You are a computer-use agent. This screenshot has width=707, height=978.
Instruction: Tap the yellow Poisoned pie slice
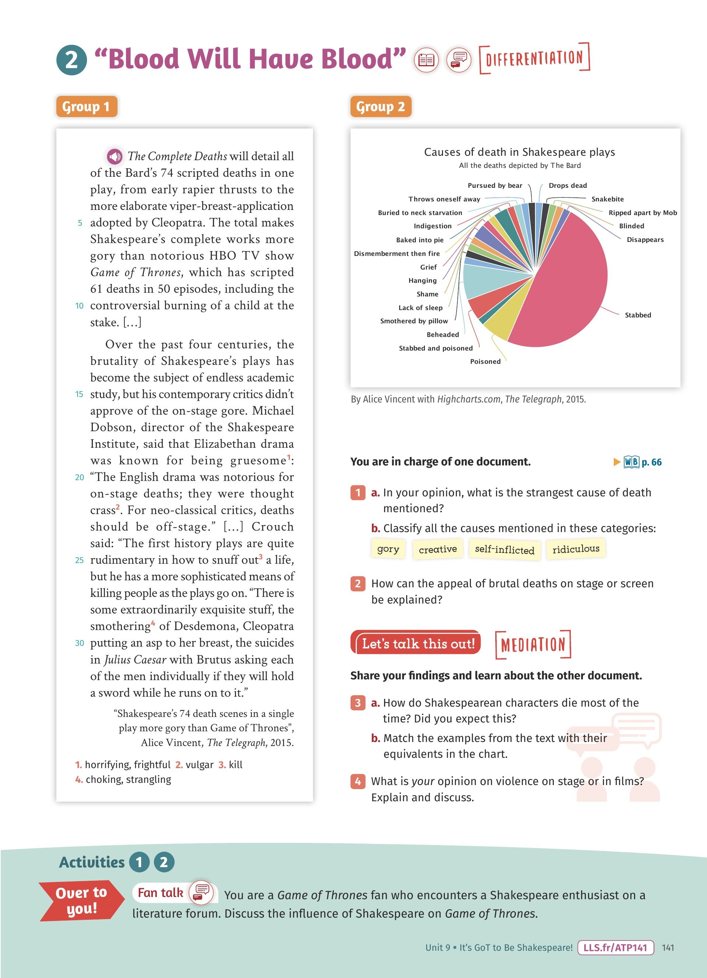pos(502,326)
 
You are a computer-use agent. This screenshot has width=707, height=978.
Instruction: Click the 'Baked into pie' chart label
pos(419,240)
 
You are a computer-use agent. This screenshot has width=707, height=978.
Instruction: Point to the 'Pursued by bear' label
pos(495,186)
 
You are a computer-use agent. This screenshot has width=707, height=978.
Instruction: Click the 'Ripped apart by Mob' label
pos(642,212)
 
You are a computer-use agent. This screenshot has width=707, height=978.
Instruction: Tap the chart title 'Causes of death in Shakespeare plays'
pos(519,152)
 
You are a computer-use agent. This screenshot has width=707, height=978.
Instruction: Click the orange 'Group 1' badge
pos(86,106)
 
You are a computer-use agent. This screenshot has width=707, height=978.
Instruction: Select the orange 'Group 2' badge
pos(381,106)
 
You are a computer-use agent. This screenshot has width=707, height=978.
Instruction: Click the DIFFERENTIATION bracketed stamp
pos(534,58)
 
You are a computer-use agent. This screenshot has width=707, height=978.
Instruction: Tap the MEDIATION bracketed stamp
pos(533,645)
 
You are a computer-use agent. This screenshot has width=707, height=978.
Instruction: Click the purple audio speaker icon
pos(115,156)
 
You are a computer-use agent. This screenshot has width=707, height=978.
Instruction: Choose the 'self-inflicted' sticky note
pos(504,550)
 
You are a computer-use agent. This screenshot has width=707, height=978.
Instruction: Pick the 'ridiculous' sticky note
pos(576,549)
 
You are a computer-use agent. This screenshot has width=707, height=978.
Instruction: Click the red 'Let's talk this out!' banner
pos(417,644)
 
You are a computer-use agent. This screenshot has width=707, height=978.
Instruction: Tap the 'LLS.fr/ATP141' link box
pos(615,947)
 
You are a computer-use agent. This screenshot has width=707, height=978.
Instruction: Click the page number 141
pos(668,947)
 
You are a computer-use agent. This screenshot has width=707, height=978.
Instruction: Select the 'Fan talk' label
pos(161,893)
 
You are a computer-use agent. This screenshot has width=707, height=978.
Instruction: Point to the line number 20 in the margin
pos(79,477)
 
